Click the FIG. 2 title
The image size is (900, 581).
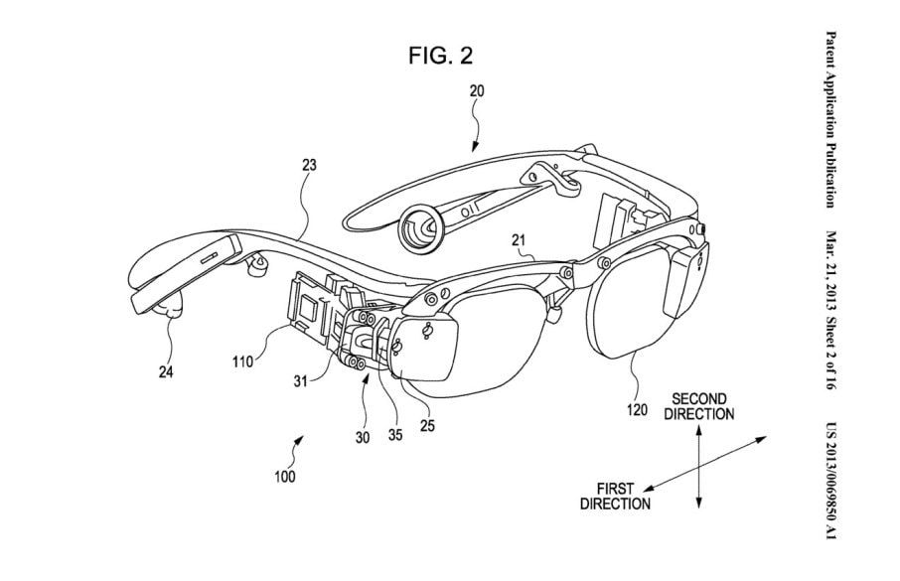[x=440, y=56]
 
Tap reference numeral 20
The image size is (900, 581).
[x=477, y=90]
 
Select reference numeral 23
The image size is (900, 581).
[x=309, y=165]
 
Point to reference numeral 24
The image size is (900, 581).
[x=165, y=372]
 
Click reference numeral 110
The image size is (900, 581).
[x=242, y=362]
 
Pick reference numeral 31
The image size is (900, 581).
[x=301, y=380]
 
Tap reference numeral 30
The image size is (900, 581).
[x=363, y=437]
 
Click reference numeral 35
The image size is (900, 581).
[x=395, y=435]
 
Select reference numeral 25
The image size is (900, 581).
[x=427, y=425]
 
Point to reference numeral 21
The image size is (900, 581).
[x=519, y=240]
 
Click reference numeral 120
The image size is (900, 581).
[x=637, y=410]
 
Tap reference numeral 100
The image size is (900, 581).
[x=285, y=477]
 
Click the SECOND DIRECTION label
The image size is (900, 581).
[x=699, y=406]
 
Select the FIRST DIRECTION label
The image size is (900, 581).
[x=615, y=497]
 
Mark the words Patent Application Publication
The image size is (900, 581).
[x=830, y=119]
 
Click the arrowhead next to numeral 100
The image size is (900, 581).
[x=299, y=440]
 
